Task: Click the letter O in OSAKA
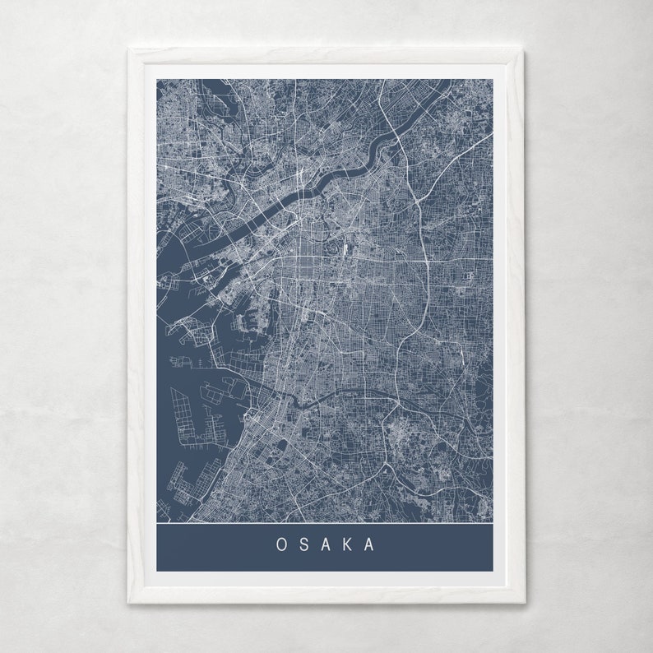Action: point(281,544)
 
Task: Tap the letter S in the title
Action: point(304,544)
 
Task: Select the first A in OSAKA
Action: point(326,544)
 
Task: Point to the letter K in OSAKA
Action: point(349,544)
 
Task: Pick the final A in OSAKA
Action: point(371,544)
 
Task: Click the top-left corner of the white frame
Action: point(128,49)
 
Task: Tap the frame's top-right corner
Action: point(525,49)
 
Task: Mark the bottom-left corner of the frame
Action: point(128,603)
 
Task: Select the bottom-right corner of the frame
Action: point(525,603)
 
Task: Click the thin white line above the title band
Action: point(325,522)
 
